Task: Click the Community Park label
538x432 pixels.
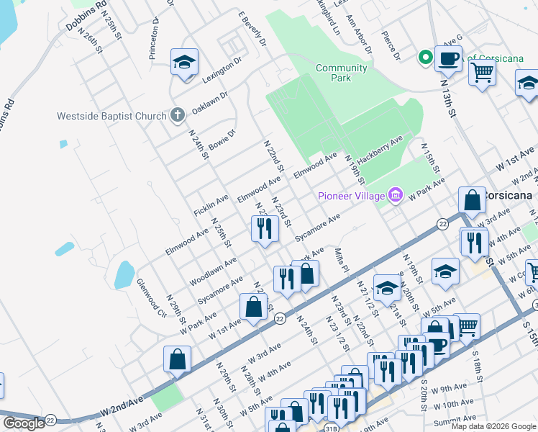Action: [342, 73]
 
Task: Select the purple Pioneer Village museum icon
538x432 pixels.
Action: [394, 195]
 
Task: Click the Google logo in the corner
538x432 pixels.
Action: [24, 423]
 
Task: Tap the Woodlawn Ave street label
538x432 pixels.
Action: [212, 271]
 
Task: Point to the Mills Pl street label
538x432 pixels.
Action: [342, 261]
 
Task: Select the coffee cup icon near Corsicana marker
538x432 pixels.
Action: [448, 58]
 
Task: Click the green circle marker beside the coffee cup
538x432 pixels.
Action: [425, 57]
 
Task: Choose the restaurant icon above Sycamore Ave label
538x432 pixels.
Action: [264, 228]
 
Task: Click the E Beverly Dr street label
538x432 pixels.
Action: [252, 29]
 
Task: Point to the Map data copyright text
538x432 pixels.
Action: [493, 426]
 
